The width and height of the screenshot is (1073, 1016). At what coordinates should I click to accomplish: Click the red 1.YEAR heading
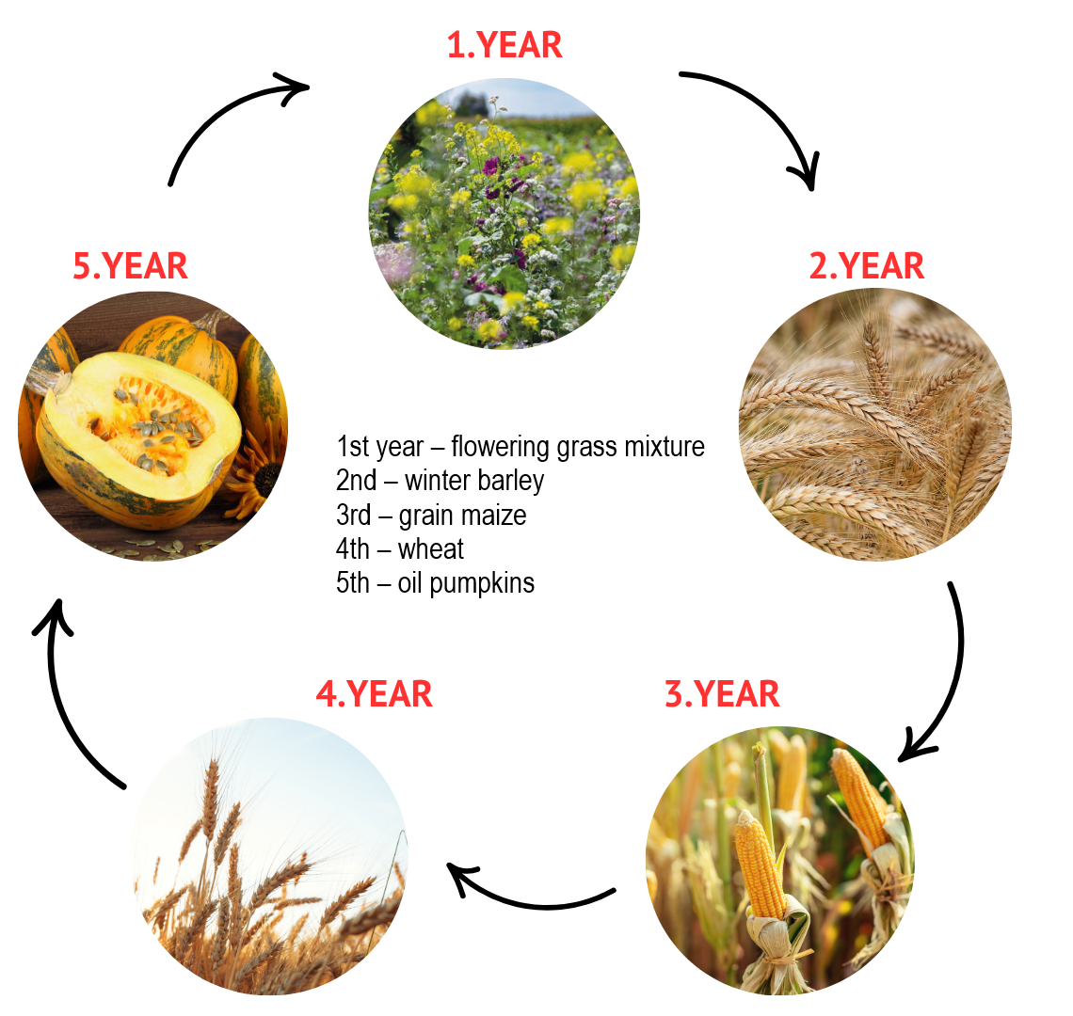504,45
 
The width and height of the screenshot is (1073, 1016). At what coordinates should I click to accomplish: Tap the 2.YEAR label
866,266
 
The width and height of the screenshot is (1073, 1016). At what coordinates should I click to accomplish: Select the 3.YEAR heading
722,693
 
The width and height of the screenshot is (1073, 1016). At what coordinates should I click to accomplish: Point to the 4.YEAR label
374,693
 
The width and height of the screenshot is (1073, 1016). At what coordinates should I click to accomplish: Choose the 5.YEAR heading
130,266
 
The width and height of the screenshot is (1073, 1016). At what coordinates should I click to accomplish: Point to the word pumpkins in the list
482,584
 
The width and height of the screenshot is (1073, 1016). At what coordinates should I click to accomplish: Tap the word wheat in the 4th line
430,549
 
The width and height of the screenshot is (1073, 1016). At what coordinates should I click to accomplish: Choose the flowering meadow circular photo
504,213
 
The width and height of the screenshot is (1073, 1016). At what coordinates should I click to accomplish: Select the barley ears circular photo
874,425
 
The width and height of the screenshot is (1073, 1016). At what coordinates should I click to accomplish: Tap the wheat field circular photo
271,856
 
